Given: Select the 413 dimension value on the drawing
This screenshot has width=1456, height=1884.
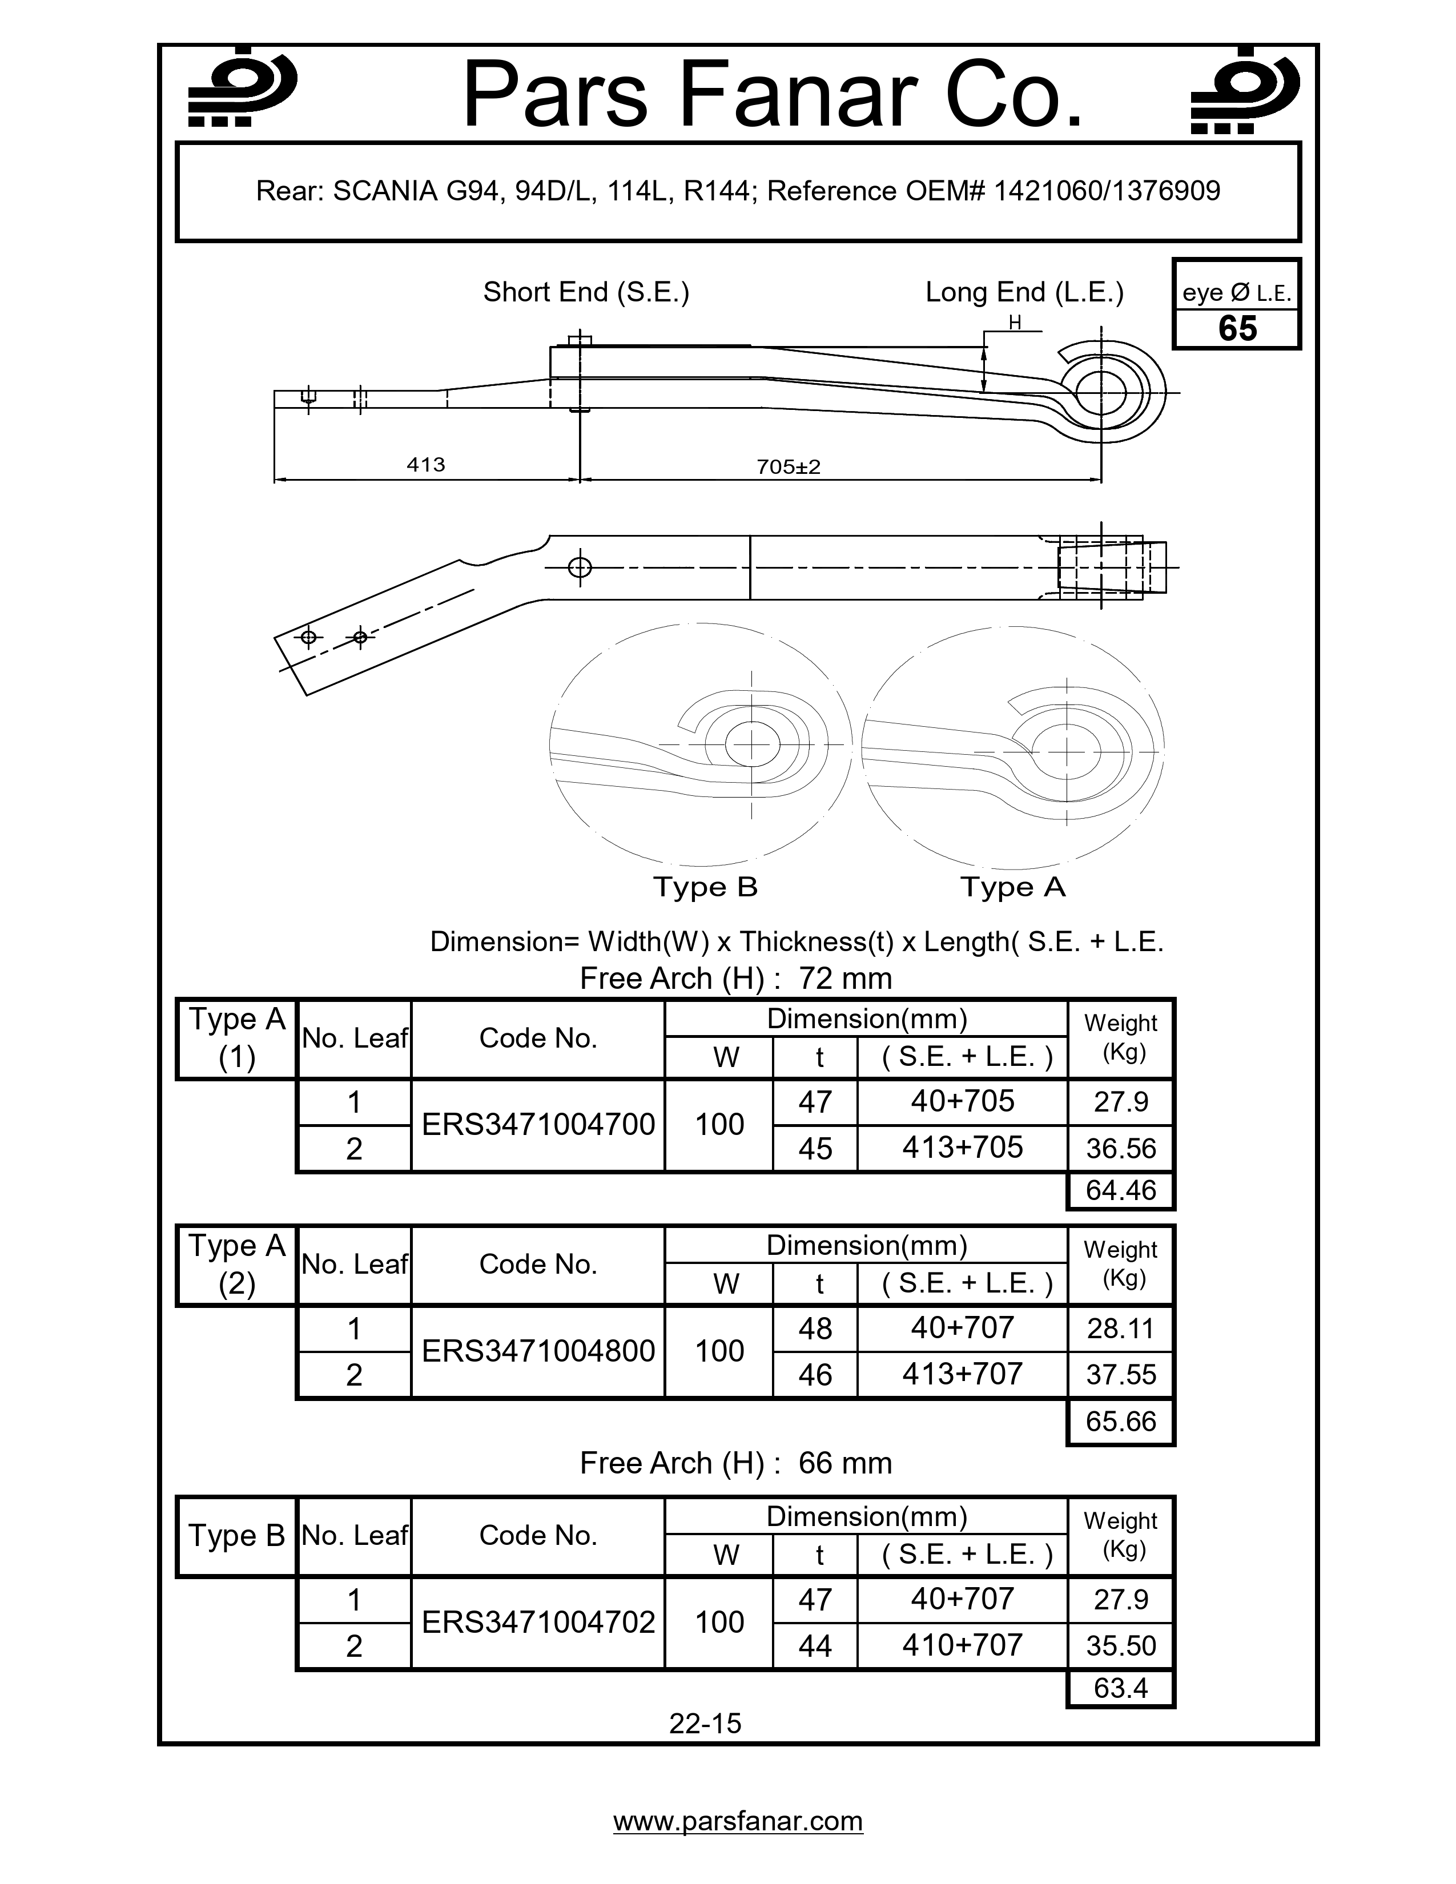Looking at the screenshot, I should tap(426, 465).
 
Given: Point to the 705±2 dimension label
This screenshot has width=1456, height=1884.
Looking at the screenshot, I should tap(789, 466).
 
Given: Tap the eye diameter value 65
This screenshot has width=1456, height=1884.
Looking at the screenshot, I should tap(1237, 329).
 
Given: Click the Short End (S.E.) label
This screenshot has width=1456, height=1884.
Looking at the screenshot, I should tap(586, 292).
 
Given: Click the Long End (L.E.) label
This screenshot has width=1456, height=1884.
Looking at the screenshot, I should tap(1024, 292).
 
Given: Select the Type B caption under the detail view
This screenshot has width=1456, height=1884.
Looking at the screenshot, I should tap(705, 887).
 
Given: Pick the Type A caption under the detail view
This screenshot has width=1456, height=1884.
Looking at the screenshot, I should tap(1013, 887).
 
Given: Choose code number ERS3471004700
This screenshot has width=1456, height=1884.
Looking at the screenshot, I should tap(538, 1125).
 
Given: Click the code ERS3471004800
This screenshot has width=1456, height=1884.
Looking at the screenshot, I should tap(538, 1351).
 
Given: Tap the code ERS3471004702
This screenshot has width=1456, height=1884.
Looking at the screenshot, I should tap(538, 1623).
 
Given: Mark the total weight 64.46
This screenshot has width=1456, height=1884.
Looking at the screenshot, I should tap(1120, 1190).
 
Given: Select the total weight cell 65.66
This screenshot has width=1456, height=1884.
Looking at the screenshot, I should tap(1120, 1421).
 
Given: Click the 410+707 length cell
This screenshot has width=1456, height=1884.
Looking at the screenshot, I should tap(962, 1645).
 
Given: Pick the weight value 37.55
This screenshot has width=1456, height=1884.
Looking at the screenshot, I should tap(1120, 1374).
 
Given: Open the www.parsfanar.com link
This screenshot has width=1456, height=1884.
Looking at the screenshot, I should tap(738, 1821).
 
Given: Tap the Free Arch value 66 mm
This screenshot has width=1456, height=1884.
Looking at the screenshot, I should tap(844, 1463).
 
